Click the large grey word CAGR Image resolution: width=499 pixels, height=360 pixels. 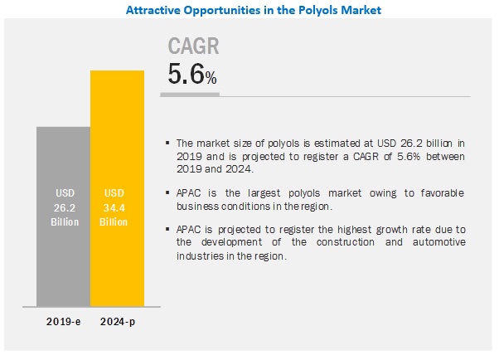(193, 46)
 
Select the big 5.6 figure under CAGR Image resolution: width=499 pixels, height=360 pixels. (186, 75)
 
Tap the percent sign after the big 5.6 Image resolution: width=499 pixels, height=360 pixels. (211, 79)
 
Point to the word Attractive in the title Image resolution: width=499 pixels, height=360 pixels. (153, 11)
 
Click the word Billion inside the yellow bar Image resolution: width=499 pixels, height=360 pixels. (117, 222)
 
